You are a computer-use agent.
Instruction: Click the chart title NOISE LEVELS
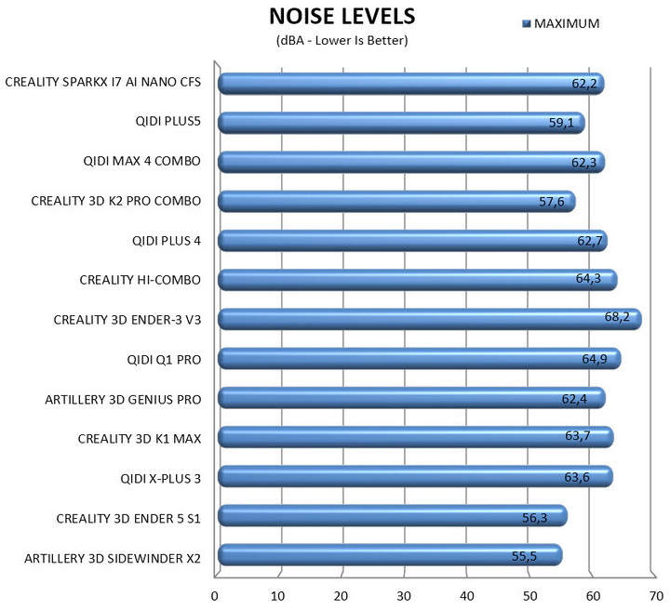[342, 17]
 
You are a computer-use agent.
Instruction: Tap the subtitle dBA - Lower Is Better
[342, 41]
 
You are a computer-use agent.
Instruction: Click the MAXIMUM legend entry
[560, 23]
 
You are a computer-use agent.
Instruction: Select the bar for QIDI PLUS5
[401, 123]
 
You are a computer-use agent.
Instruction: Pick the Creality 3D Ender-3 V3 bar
[430, 319]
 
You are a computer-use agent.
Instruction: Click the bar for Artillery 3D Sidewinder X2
[390, 555]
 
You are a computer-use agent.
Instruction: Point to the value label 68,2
[617, 316]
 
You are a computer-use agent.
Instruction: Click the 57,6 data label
[552, 201]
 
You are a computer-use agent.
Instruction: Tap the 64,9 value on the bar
[595, 359]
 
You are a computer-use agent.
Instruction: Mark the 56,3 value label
[534, 518]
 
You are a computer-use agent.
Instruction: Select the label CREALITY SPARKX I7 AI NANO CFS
[103, 82]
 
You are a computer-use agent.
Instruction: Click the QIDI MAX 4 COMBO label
[141, 161]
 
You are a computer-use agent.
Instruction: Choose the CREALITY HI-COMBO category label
[141, 280]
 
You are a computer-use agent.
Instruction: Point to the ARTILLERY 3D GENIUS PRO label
[123, 400]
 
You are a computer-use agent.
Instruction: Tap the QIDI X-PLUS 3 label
[161, 479]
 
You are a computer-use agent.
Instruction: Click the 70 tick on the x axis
[656, 596]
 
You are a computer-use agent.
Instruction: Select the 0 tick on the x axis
[215, 596]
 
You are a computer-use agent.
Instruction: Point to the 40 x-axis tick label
[467, 596]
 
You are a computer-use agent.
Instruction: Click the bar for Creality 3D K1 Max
[416, 437]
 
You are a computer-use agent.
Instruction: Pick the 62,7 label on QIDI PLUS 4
[590, 241]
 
